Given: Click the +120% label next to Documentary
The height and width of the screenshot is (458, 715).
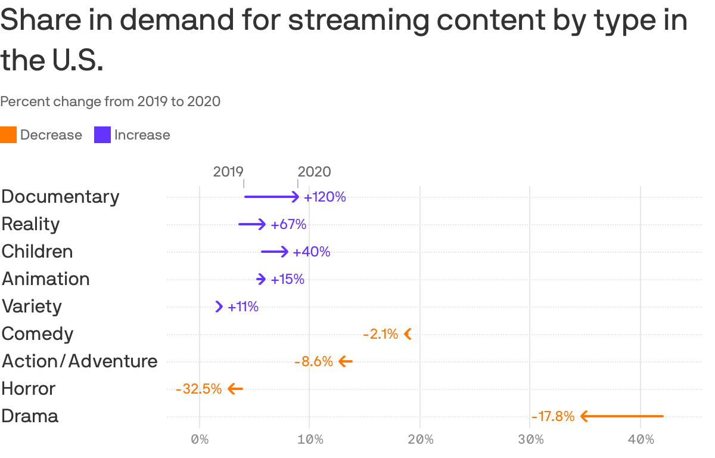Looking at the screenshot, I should [x=325, y=197].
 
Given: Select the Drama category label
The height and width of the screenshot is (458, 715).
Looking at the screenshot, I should [x=30, y=416].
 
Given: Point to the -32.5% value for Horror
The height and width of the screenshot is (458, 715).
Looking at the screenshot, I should [x=198, y=389].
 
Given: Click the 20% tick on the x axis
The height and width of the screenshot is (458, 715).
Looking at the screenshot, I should [x=420, y=440].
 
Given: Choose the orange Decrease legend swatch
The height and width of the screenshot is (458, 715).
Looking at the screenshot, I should [x=8, y=135].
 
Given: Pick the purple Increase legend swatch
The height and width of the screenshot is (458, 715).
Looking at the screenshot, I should [x=102, y=135].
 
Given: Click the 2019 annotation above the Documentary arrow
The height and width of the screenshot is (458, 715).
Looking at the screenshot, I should [x=228, y=172].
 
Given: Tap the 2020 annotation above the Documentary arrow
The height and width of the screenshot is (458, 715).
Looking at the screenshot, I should [x=314, y=172].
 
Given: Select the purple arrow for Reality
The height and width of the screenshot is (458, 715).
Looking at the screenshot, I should [x=252, y=224].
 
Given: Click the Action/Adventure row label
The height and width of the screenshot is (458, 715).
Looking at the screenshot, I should [x=79, y=361].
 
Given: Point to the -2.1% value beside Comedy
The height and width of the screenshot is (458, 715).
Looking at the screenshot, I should [x=380, y=334].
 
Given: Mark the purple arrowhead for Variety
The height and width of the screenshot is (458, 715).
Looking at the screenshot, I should [x=219, y=307].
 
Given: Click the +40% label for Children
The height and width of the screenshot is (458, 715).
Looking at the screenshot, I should [x=311, y=252].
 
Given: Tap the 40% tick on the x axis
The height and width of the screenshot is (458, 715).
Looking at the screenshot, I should [x=641, y=440].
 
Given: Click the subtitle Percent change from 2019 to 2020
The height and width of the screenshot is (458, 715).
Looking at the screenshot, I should [x=110, y=101].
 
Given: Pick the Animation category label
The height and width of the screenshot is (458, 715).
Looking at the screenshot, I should [x=45, y=278].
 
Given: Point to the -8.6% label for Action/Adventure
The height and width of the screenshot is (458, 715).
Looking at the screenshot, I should [x=313, y=361].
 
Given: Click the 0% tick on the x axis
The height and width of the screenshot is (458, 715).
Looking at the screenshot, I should [x=200, y=440].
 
